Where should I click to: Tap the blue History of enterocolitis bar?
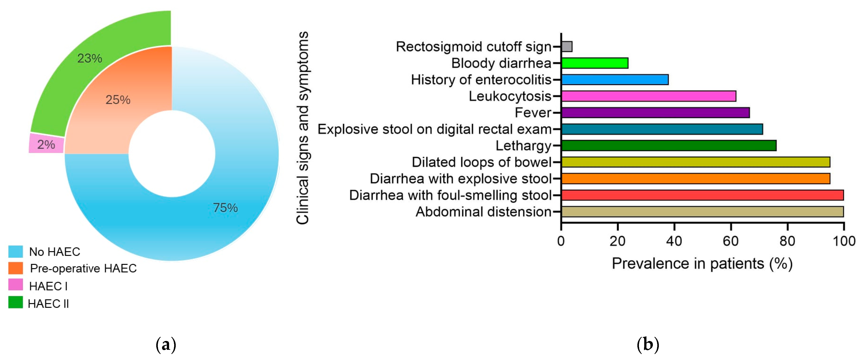pos(615,79)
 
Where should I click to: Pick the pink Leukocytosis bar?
pos(649,96)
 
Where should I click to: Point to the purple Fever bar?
pos(655,112)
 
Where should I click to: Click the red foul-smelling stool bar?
pos(702,195)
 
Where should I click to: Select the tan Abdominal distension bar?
pos(702,212)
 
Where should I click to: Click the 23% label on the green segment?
pos(90,58)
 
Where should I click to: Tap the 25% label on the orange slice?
pos(118,100)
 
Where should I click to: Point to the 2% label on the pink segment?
pos(46,144)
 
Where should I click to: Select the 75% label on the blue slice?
pos(225,208)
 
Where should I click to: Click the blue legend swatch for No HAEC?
pos(15,251)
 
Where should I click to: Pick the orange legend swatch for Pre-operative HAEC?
pos(15,268)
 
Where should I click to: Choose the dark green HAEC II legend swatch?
pos(15,302)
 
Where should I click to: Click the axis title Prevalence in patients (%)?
pos(702,264)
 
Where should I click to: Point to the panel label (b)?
pos(648,345)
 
